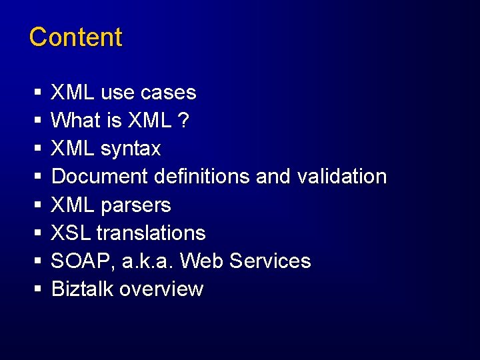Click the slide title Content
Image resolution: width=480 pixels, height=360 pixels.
point(75,37)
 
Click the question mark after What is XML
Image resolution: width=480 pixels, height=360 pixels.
point(184,121)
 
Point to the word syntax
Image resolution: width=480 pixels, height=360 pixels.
point(131,149)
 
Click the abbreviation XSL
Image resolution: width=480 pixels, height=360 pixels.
point(71,233)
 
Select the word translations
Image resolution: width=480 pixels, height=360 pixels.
point(151,233)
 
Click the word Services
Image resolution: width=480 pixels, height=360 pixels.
point(270,261)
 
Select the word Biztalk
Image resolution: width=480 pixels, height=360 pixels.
point(83,289)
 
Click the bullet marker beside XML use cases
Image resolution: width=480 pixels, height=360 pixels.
point(38,93)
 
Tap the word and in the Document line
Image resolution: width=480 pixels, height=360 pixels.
point(273,177)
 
